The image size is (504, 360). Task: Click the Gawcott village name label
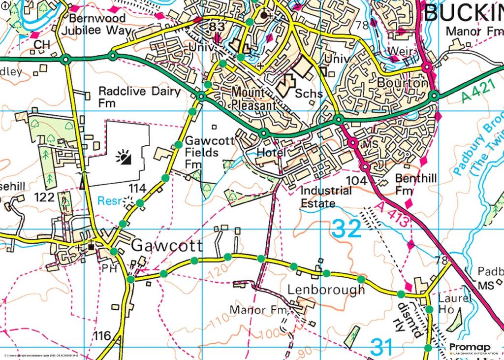point(167,245)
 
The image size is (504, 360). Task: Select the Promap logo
point(473,349)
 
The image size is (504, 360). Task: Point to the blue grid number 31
point(382,347)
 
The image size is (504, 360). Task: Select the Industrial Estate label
point(326,196)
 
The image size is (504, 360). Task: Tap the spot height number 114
point(138,188)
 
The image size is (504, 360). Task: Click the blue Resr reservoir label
point(109,201)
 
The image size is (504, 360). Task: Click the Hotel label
point(271,153)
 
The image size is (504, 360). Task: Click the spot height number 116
point(102,336)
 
